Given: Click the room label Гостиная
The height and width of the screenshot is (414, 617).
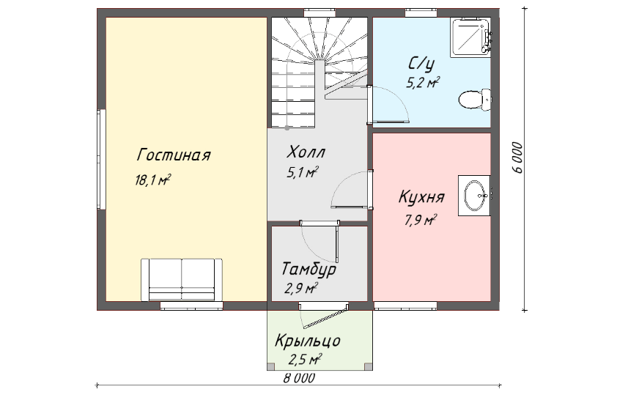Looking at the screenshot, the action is pos(174,155).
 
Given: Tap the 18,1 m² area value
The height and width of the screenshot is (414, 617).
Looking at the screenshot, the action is pos(153,180).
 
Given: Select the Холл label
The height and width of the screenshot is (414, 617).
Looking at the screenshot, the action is pos(306,152).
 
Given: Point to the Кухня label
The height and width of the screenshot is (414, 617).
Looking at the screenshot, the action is pos(421,197).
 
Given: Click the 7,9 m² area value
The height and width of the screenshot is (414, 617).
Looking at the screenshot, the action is pos(421,220).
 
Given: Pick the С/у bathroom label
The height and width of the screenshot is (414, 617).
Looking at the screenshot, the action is pos(421,63).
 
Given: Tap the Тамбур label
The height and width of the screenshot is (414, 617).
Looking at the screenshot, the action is pos(309,269).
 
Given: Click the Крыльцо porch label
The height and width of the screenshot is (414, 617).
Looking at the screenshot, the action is pos(307,341).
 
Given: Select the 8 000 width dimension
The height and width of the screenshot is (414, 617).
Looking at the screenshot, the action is pos(299,378).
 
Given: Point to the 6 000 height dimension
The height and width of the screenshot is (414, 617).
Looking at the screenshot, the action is pos(519,158).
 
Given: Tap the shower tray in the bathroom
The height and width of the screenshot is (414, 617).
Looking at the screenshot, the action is pos(470,36).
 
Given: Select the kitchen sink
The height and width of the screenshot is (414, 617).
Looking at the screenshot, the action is pos(475,196).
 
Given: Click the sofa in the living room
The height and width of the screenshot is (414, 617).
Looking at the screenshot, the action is pos(182,280).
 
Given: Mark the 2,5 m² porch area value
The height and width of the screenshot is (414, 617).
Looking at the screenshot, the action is pos(306,359).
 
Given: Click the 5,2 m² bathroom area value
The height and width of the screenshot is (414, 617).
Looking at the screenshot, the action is pos(423,83).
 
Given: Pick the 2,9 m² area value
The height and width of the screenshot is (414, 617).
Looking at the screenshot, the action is pos(301,289).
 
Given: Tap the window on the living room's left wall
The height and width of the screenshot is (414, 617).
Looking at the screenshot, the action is pos(102,159).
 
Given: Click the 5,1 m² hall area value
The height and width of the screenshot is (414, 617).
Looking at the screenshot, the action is pos(302,172).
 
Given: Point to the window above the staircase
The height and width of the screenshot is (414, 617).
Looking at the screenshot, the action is pos(319,13).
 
